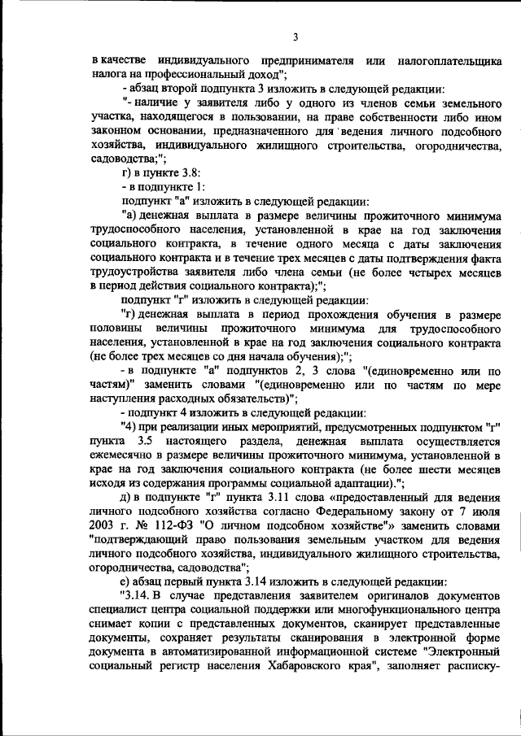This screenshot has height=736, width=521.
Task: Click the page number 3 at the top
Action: coord(296,37)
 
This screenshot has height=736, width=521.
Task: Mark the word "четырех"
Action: coord(418,272)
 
